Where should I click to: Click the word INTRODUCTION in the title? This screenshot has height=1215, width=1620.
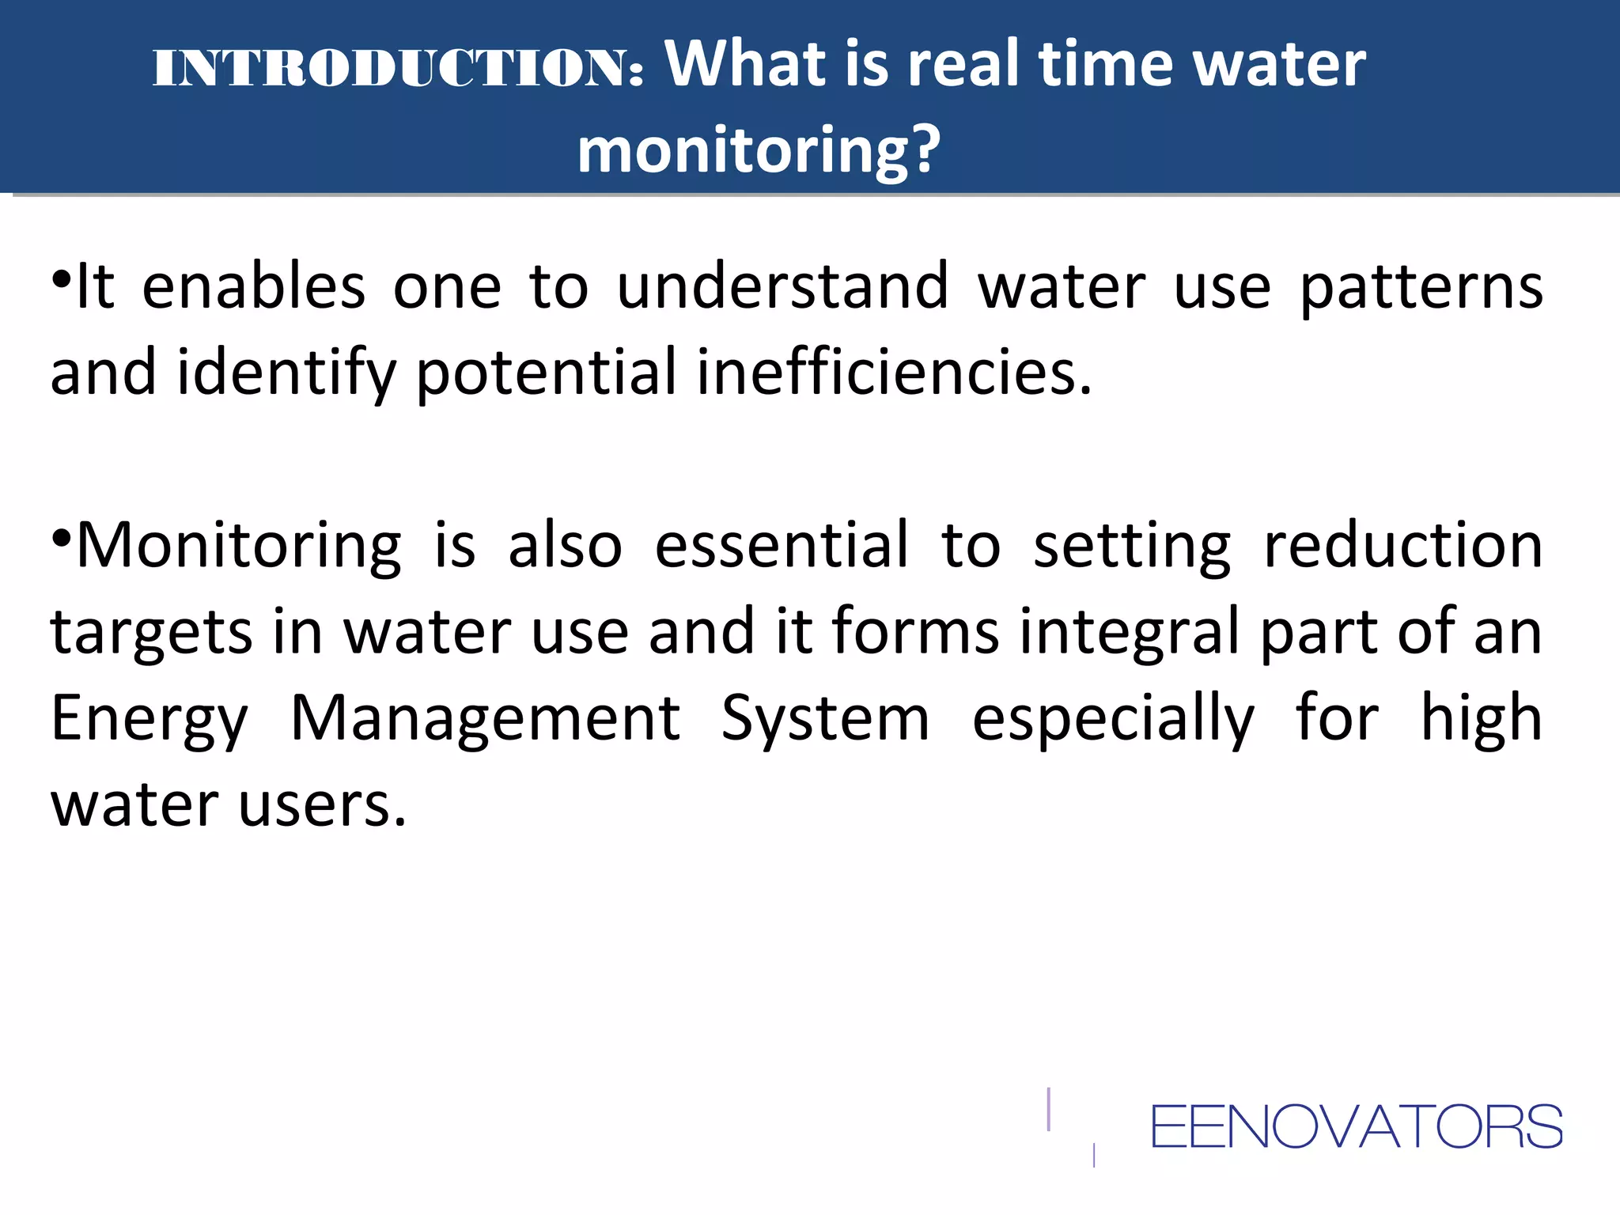[x=397, y=67]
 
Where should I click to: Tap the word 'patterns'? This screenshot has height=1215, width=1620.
[x=1421, y=289]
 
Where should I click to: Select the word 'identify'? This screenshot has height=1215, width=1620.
[x=286, y=373]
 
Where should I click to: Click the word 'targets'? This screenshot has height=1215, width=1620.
[x=151, y=633]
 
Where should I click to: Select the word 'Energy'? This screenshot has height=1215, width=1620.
[x=150, y=719]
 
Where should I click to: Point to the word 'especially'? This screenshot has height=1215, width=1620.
[x=1113, y=719]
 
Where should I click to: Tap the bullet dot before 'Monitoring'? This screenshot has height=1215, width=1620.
[x=62, y=538]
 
